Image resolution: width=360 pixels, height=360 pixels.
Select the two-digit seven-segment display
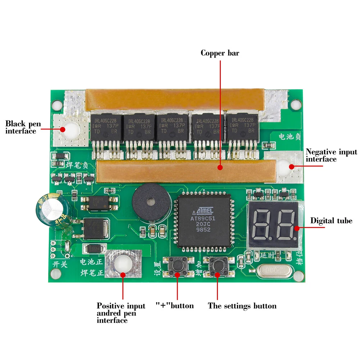pyautogui.click(x=273, y=225)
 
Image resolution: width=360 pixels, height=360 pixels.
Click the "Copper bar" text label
pyautogui.click(x=220, y=53)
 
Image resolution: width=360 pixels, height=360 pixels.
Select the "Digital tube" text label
pyautogui.click(x=331, y=220)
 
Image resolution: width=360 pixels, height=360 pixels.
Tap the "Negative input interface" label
pyautogui.click(x=331, y=155)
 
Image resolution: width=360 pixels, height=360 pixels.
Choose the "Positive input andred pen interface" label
pyautogui.click(x=121, y=313)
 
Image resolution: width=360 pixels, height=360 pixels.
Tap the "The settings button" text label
pyautogui.click(x=242, y=306)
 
